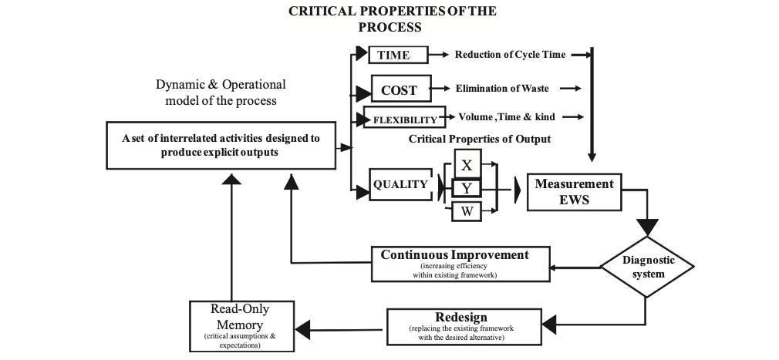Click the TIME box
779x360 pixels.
[x=399, y=55]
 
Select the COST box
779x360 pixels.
[x=399, y=89]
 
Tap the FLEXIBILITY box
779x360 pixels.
[x=404, y=119]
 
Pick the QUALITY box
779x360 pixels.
[x=400, y=184]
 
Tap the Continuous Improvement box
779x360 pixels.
[x=460, y=263]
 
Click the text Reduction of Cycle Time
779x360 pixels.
[x=510, y=55]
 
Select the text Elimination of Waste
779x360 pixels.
[x=502, y=89]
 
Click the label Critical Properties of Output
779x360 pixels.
[x=479, y=139]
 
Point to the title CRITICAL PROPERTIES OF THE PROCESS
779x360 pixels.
[x=392, y=19]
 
